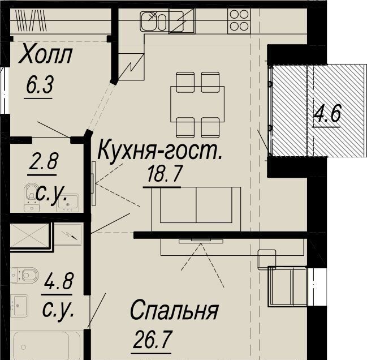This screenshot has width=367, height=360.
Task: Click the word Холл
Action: click(45, 55)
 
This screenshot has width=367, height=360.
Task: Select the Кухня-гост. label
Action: click(160, 150)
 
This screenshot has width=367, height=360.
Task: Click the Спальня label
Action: click(174, 311)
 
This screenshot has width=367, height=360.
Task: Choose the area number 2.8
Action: click(44, 161)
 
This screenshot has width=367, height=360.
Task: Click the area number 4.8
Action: click(58, 281)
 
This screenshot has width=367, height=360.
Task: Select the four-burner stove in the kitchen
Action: click(239, 21)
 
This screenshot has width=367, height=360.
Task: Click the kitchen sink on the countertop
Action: click(154, 22)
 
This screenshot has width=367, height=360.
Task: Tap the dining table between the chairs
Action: click(197, 104)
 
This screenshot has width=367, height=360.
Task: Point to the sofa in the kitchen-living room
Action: click(196, 209)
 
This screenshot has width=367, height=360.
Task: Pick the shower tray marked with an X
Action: click(29, 235)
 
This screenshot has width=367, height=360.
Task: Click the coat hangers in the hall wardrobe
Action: click(31, 20)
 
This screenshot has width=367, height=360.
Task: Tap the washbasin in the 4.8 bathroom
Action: click(19, 305)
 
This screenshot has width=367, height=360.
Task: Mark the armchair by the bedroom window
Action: click(287, 286)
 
